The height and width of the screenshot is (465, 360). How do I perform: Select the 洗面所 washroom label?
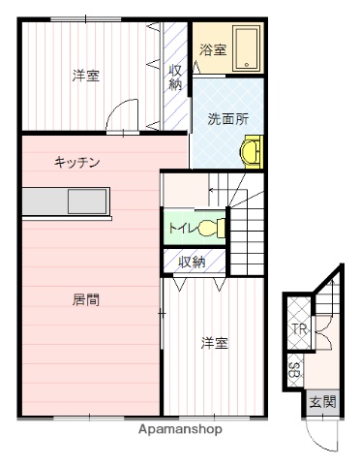[227, 119]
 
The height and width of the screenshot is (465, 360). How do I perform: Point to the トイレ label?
[181, 230]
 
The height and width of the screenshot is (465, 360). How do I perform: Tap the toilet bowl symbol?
[212, 229]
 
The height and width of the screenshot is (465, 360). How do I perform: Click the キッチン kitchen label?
[78, 163]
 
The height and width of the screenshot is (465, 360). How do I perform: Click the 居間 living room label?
[85, 299]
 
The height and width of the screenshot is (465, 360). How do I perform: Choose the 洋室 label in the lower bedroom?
[214, 342]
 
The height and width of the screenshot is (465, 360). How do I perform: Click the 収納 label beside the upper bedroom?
[175, 77]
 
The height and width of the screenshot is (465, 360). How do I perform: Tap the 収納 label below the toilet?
[192, 262]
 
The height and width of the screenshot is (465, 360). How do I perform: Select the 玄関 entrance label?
[322, 401]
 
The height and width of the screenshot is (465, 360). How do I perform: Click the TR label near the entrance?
[299, 330]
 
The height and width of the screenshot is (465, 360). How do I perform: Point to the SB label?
[293, 369]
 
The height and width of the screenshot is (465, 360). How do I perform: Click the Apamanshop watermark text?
[180, 429]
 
